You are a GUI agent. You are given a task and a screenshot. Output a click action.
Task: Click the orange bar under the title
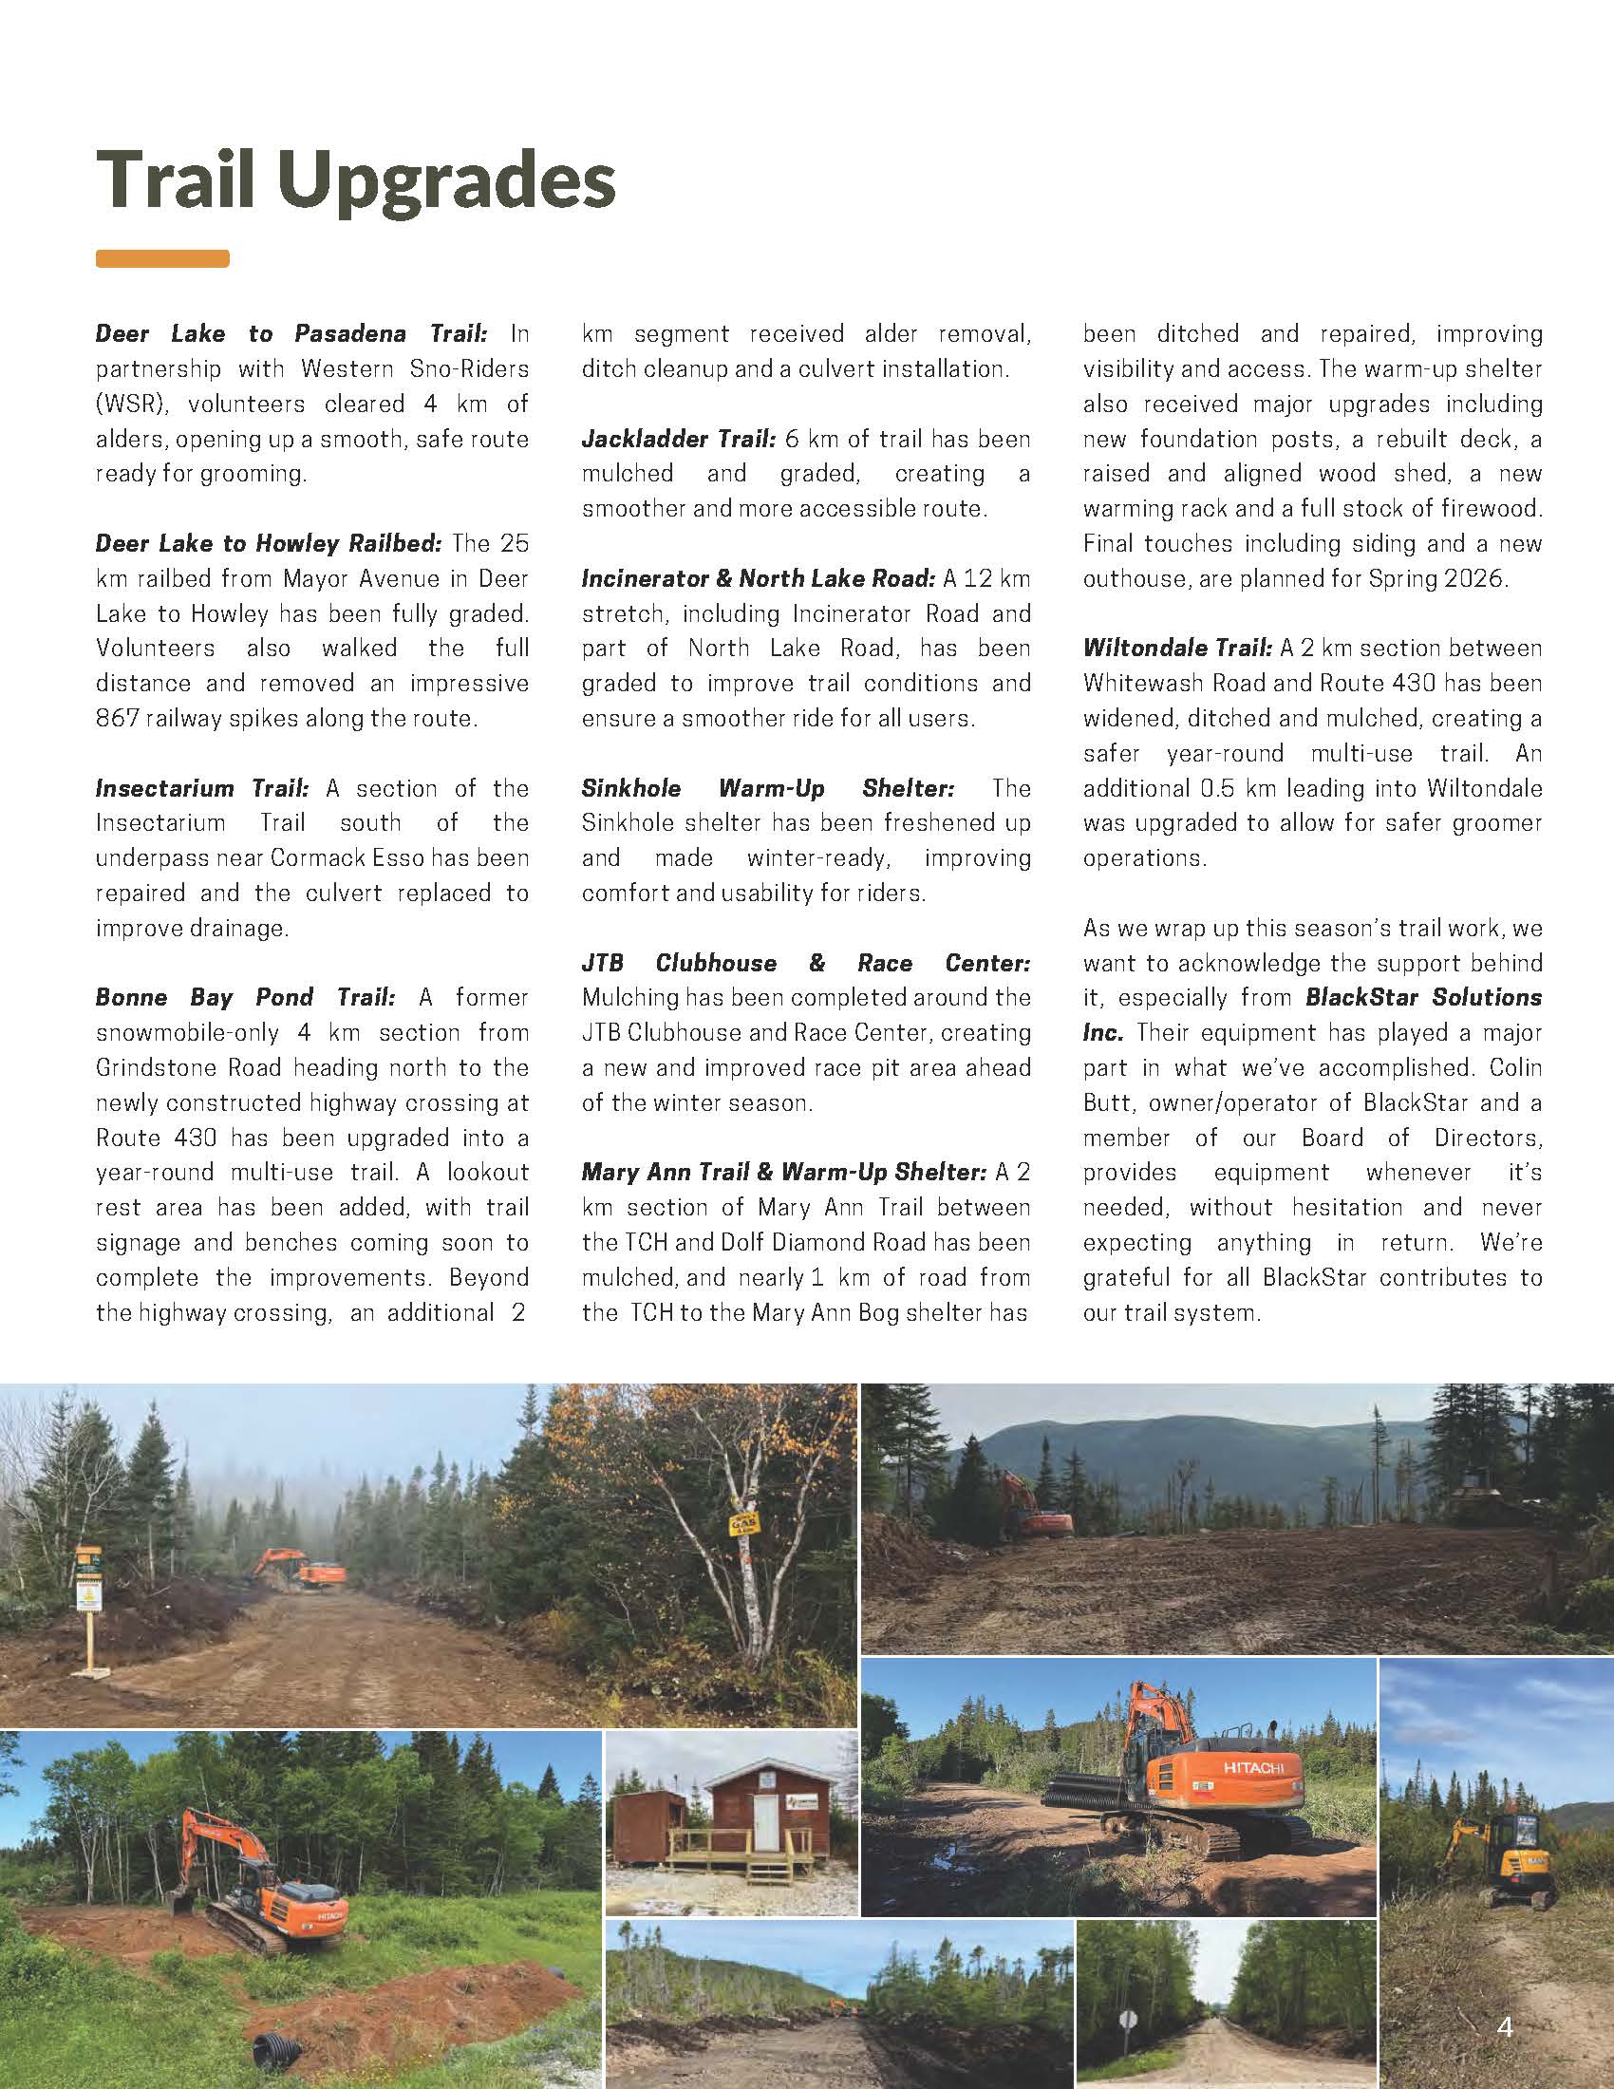point(162,258)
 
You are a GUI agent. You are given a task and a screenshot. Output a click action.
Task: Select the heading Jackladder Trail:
point(678,439)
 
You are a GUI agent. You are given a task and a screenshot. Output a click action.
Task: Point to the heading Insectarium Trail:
point(201,788)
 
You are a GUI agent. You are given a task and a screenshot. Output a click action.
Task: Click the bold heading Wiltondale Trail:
point(1178,649)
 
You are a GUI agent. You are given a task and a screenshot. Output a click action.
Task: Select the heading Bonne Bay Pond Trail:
point(245,998)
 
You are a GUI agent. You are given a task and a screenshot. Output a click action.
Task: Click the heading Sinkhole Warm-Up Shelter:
point(768,788)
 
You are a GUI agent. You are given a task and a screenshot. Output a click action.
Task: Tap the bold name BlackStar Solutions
point(1424,998)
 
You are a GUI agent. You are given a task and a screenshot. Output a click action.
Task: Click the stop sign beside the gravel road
point(1128,2021)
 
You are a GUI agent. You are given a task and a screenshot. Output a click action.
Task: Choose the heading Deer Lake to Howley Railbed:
point(269,544)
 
